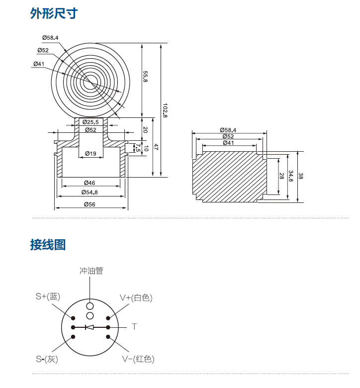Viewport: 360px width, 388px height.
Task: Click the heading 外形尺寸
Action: [x=54, y=13]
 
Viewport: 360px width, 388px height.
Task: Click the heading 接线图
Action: [x=48, y=245]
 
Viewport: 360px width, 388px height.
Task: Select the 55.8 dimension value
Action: [x=146, y=77]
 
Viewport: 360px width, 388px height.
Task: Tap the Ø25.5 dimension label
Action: [x=90, y=122]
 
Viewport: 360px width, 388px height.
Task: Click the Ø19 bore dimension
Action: [x=90, y=153]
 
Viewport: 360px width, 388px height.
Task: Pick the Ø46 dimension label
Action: [x=90, y=183]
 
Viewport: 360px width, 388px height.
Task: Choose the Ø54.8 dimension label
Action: [x=90, y=193]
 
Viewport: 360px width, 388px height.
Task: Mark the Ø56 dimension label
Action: [x=90, y=204]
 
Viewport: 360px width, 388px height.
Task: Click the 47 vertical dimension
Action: [x=155, y=147]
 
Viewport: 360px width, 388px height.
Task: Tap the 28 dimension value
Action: [x=281, y=177]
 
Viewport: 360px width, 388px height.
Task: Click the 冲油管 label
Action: [x=91, y=271]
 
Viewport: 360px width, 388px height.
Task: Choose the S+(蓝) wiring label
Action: [x=48, y=297]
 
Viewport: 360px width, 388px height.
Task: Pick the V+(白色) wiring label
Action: [x=136, y=298]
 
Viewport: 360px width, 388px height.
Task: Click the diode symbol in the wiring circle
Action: [x=90, y=327]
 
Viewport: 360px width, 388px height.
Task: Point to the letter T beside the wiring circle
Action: [x=134, y=327]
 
